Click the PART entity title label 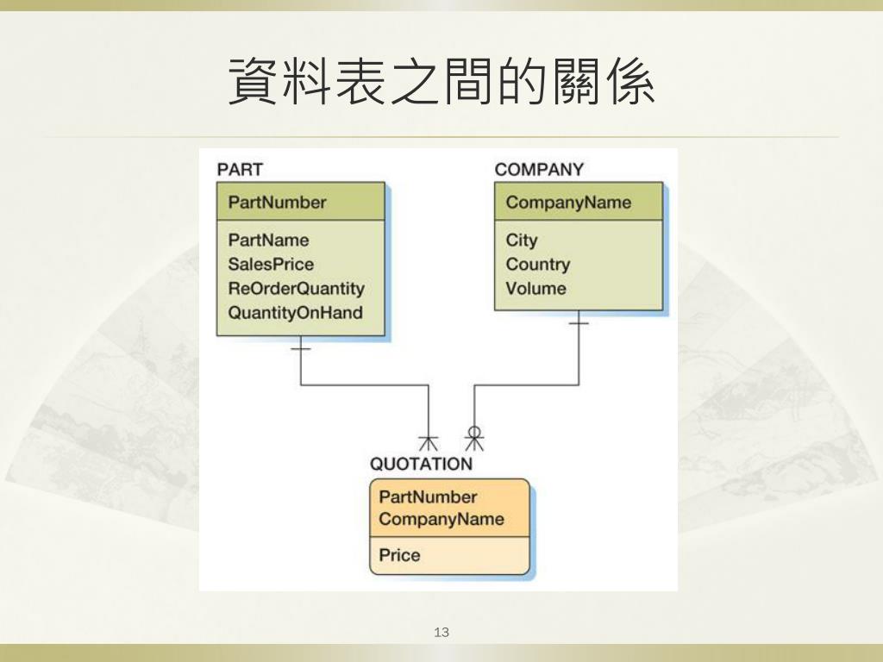(x=240, y=169)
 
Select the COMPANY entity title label (x=538, y=169)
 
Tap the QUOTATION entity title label (x=421, y=464)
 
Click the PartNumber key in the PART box (x=277, y=203)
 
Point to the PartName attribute (x=268, y=240)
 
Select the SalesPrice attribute (x=271, y=265)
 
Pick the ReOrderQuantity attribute (x=296, y=289)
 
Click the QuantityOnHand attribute (x=295, y=313)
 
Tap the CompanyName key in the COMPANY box (x=568, y=203)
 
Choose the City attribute (x=521, y=240)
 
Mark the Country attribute (x=537, y=265)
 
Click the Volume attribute (x=535, y=289)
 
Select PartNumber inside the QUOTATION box (x=428, y=496)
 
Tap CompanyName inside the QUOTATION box (x=441, y=519)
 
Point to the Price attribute (x=399, y=555)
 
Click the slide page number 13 (x=441, y=633)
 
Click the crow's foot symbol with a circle (x=473, y=438)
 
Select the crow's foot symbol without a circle (x=428, y=441)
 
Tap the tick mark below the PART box (x=300, y=349)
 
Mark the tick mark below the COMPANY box (x=579, y=324)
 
